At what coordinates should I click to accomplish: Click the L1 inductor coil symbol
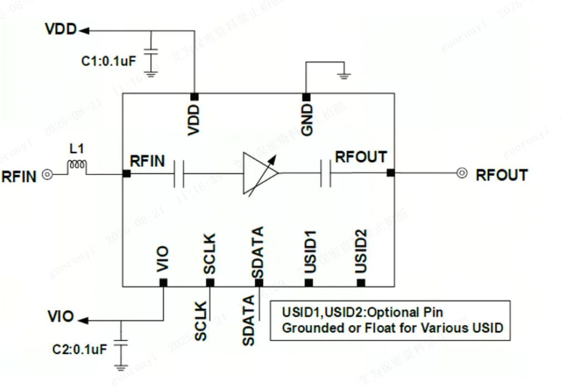pyautogui.click(x=76, y=166)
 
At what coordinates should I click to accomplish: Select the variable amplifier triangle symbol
pyautogui.click(x=259, y=173)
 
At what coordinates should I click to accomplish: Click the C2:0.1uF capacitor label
pyautogui.click(x=79, y=349)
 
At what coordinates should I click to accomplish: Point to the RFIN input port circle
pyautogui.click(x=48, y=175)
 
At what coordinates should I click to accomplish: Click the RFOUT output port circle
pyautogui.click(x=461, y=173)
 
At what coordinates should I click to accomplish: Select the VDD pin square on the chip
pyautogui.click(x=194, y=95)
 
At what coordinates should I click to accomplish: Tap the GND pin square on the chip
pyautogui.click(x=305, y=95)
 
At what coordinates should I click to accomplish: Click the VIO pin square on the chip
pyautogui.click(x=163, y=282)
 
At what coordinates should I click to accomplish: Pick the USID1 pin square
pyautogui.click(x=309, y=282)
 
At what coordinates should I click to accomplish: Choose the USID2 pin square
pyautogui.click(x=361, y=282)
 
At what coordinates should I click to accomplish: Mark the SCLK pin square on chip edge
pyautogui.click(x=210, y=282)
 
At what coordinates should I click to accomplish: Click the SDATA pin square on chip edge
pyautogui.click(x=259, y=282)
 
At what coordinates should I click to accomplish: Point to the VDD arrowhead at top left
pyautogui.click(x=84, y=30)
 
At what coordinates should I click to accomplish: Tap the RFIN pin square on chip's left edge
pyautogui.click(x=127, y=173)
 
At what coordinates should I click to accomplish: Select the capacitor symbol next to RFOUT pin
pyautogui.click(x=326, y=173)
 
